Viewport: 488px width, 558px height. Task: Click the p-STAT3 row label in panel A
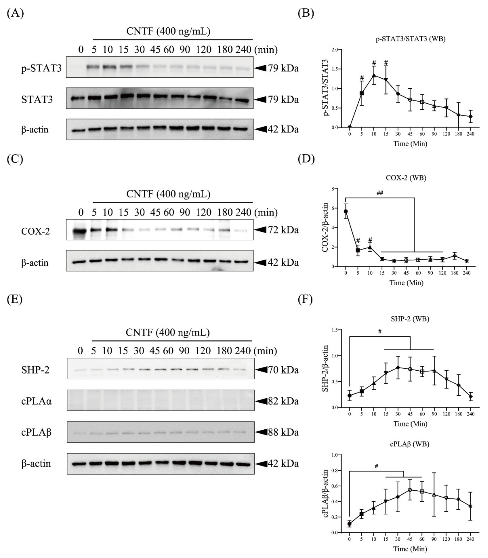[41, 68]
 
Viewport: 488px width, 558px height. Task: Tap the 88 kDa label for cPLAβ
[283, 432]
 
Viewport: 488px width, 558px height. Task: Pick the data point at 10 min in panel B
[374, 75]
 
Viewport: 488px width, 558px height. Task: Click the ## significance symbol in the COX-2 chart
[380, 193]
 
